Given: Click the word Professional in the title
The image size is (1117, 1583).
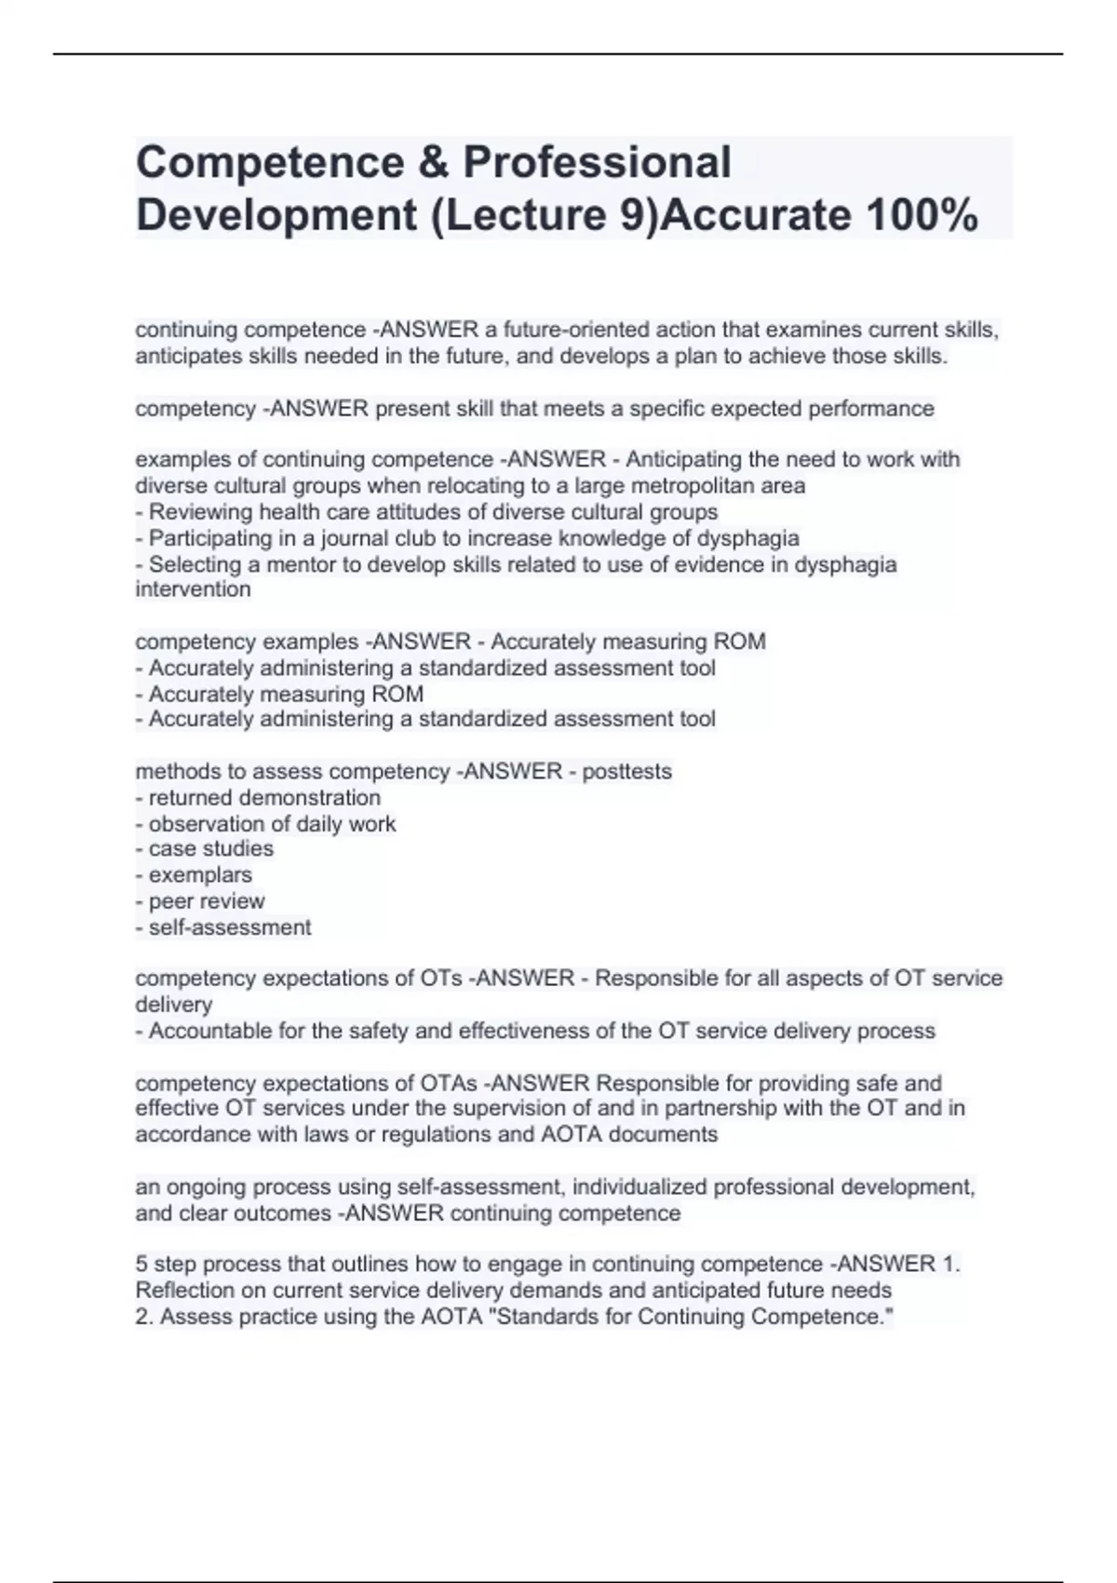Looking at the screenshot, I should pos(597,162).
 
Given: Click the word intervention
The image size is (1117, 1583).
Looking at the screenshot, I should pos(193,589).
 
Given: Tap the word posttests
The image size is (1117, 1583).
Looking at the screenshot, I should pos(626,771).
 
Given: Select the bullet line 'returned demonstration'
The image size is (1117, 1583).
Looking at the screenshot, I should pos(264,797).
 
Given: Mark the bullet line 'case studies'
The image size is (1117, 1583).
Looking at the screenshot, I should pos(210,848).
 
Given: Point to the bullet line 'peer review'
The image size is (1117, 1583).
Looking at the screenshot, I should pos(207,900).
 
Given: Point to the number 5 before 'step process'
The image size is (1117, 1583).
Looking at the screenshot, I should pos(141,1264).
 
